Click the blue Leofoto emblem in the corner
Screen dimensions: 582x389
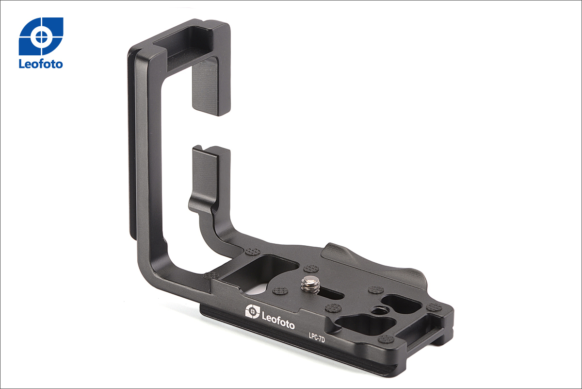41,36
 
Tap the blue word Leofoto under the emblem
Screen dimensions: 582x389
41,64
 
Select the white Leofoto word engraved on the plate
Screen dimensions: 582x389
278,321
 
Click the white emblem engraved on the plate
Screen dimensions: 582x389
252,311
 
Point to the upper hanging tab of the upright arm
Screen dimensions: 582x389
211,86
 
